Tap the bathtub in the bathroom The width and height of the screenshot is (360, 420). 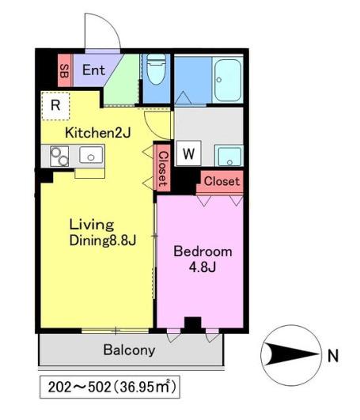(x=227, y=80)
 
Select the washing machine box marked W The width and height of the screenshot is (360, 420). (x=188, y=153)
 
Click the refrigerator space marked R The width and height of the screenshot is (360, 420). (x=55, y=105)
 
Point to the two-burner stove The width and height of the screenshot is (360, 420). (x=59, y=156)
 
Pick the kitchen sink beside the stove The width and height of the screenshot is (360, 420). (x=91, y=155)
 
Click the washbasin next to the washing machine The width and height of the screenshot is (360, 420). (x=229, y=156)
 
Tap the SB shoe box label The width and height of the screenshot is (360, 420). (x=64, y=70)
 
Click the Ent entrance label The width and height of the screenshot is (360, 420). (x=93, y=70)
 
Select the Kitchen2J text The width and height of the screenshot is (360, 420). (x=98, y=133)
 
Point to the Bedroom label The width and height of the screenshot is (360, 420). (x=203, y=252)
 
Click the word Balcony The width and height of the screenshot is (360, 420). (x=130, y=350)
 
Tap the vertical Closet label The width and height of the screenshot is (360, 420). (x=163, y=169)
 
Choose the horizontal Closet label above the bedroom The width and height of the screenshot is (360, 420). (x=222, y=181)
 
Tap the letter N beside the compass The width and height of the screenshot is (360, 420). (x=333, y=356)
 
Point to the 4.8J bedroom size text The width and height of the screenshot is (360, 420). (x=203, y=267)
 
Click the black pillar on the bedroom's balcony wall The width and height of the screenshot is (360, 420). (x=193, y=324)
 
